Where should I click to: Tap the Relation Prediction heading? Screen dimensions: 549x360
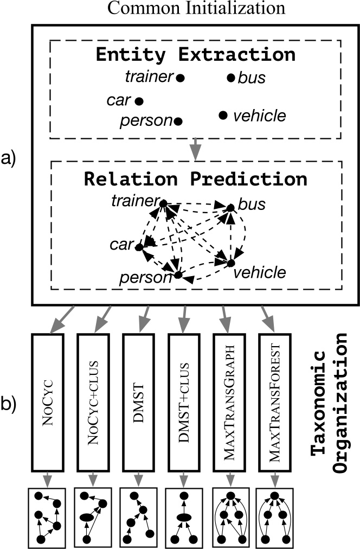click(x=195, y=178)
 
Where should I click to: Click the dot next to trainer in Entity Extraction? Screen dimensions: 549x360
click(x=181, y=78)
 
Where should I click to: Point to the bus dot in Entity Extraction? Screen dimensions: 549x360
click(x=231, y=78)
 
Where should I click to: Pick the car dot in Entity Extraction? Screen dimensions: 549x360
click(x=139, y=101)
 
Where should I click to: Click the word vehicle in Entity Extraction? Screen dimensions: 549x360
click(x=259, y=115)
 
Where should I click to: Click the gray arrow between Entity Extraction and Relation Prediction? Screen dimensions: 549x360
click(x=196, y=150)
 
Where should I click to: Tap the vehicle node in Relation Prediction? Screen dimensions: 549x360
click(x=230, y=263)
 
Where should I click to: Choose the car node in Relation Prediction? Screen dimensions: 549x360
click(x=139, y=247)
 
